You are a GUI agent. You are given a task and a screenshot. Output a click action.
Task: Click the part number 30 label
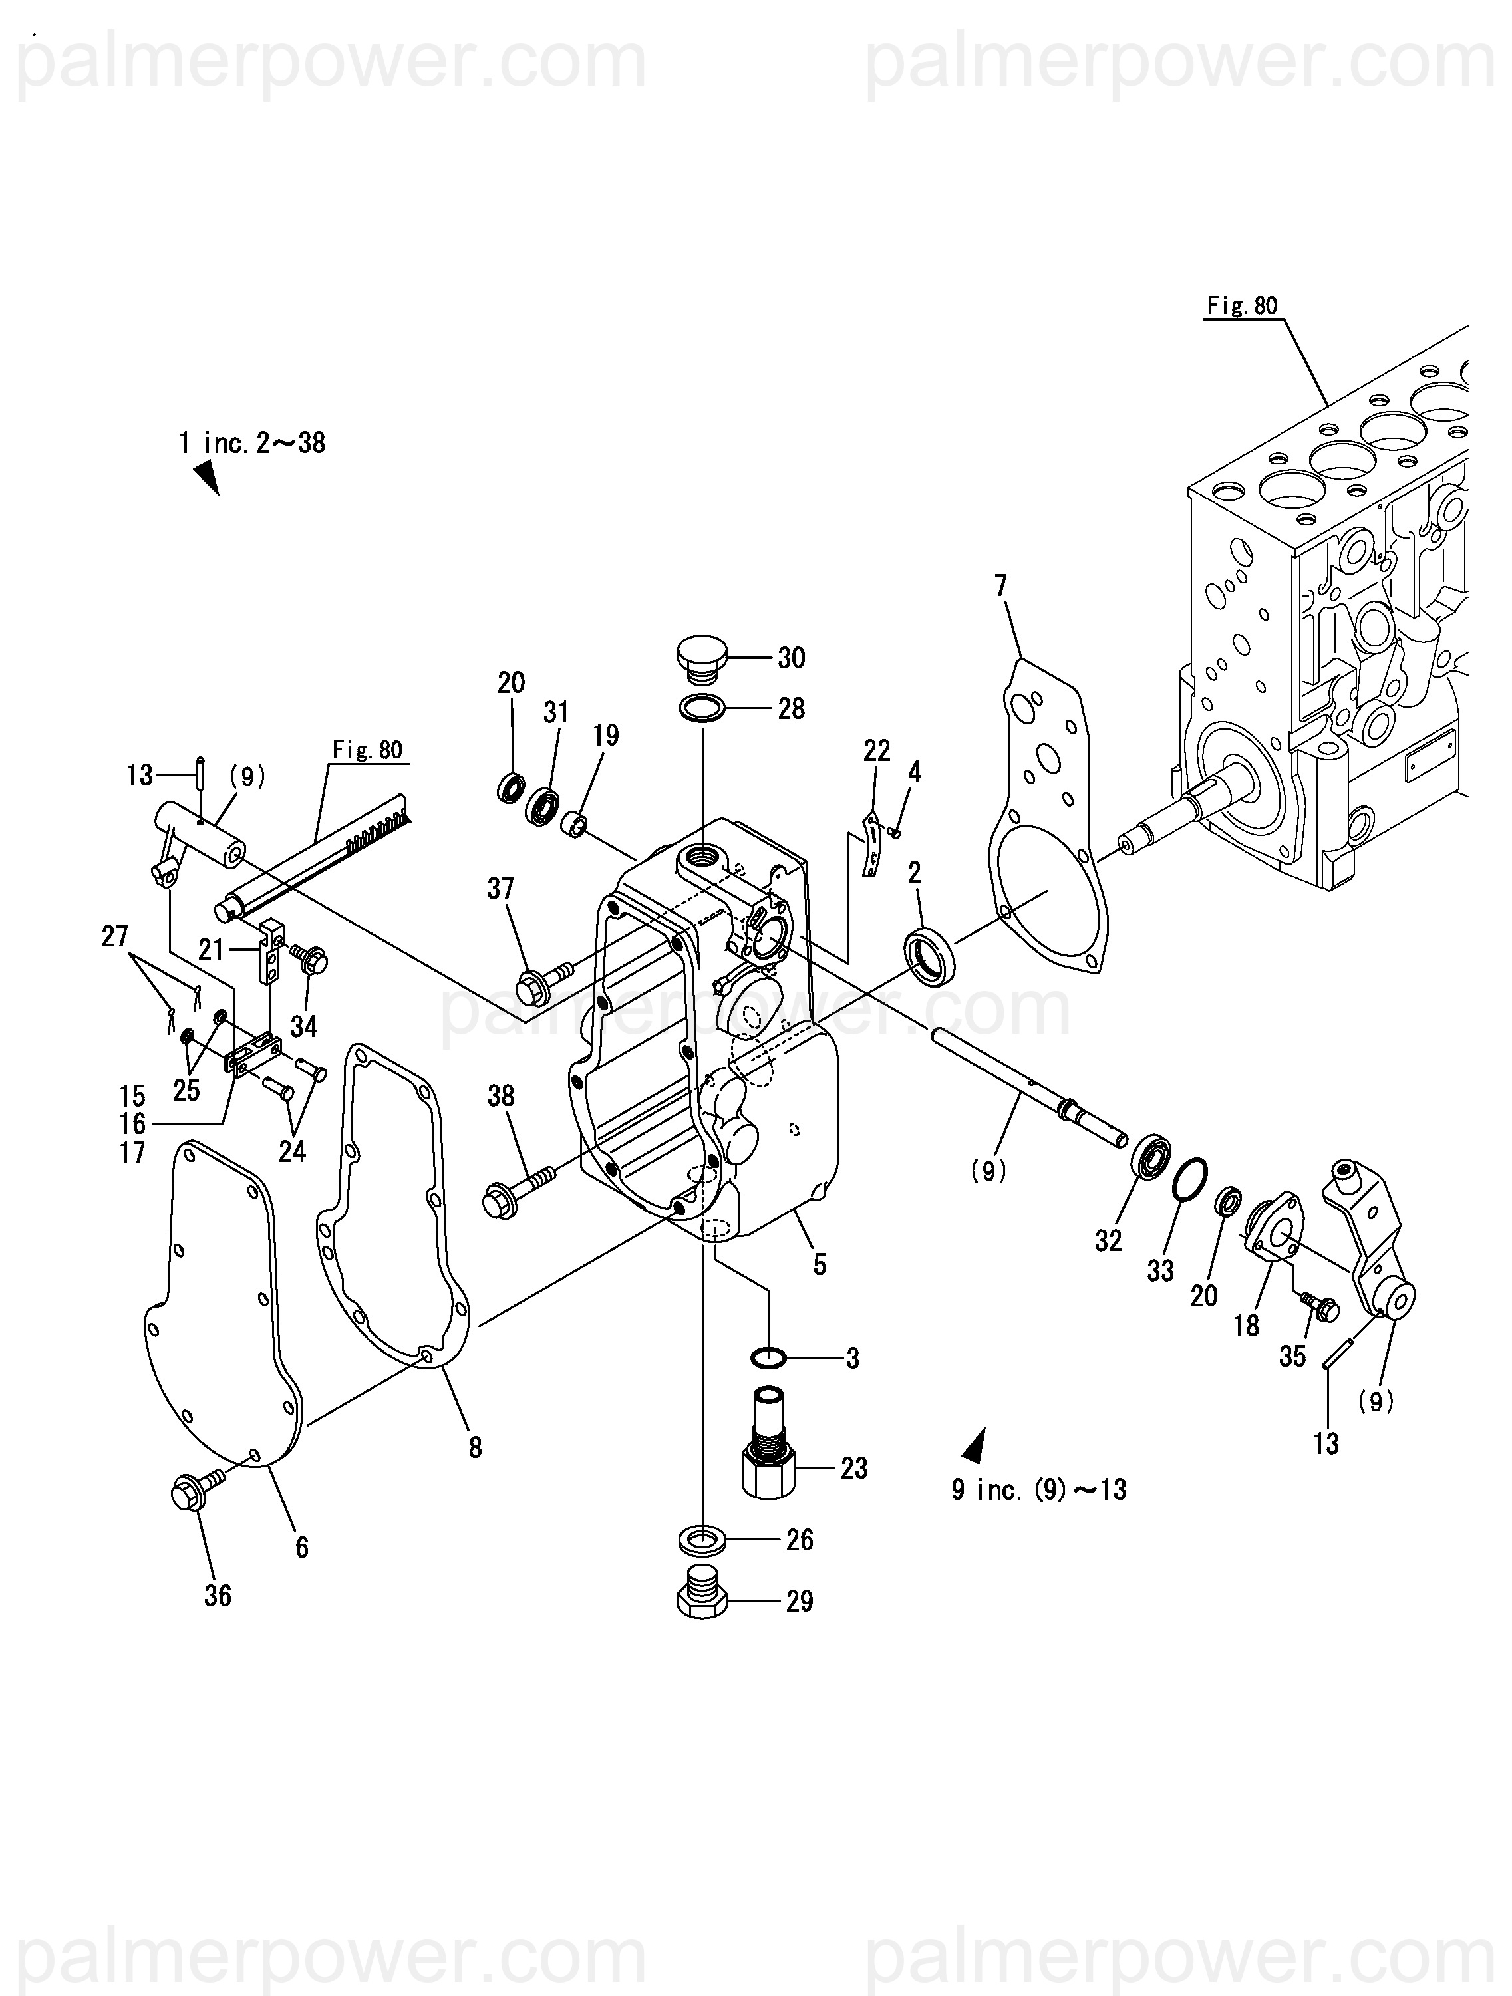point(791,658)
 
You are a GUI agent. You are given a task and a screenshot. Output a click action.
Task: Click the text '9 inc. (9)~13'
point(1039,1489)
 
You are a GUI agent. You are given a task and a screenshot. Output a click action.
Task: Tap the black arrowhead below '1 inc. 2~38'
point(208,476)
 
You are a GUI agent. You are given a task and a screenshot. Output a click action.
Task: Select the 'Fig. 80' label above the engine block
point(1242,306)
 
